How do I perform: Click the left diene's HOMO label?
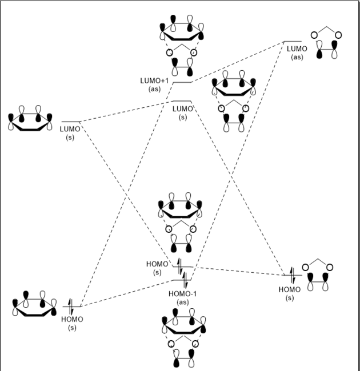point(72,323)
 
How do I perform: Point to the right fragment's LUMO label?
point(297,53)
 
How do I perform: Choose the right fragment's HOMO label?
point(289,293)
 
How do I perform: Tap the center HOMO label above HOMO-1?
point(158,268)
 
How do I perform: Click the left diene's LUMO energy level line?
point(70,122)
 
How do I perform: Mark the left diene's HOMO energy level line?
point(72,307)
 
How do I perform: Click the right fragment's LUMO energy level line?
point(293,42)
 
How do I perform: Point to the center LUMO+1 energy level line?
point(182,82)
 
